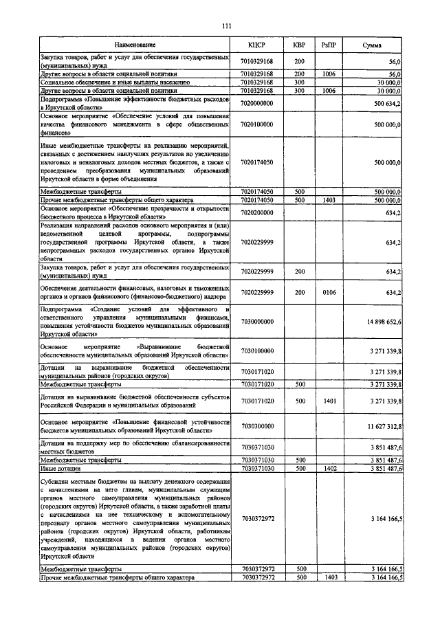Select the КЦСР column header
[257, 45]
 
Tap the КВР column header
[299, 45]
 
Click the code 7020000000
[257, 103]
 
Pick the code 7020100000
[257, 124]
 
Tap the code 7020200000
[257, 213]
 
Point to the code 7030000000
[257, 321]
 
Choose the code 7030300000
[257, 426]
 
